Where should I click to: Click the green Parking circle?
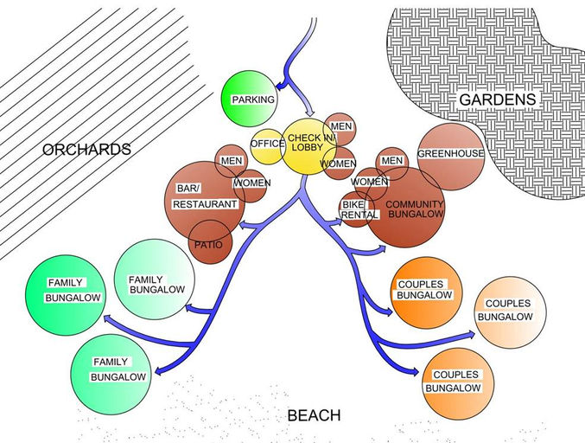[251, 99]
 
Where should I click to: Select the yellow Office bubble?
[267, 144]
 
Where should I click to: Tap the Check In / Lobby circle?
[309, 144]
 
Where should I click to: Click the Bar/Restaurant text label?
[204, 196]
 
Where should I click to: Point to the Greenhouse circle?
[449, 153]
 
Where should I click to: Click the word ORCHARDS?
[86, 150]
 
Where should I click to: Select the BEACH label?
[314, 416]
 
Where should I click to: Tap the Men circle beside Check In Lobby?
[341, 128]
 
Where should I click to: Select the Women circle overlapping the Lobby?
[339, 163]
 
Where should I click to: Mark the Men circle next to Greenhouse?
[392, 162]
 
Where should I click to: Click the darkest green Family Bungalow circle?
[64, 291]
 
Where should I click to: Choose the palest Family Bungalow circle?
[156, 279]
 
